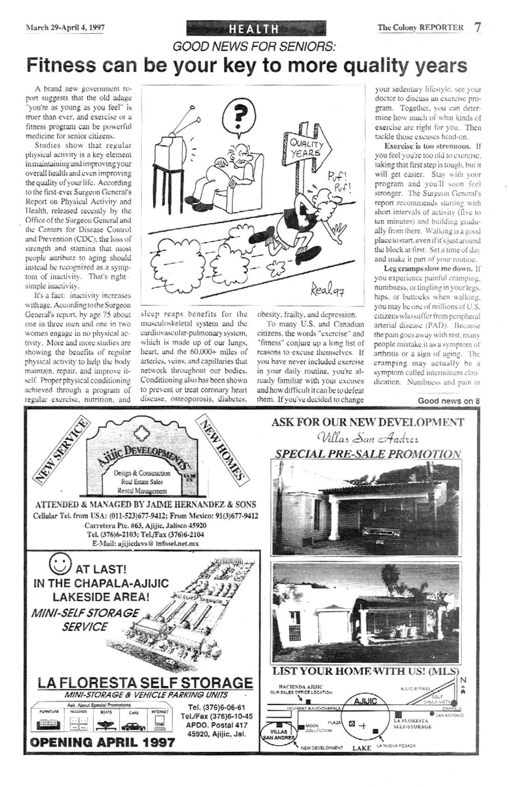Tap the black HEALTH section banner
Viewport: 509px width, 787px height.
point(254,29)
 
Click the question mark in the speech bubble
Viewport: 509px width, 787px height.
point(240,114)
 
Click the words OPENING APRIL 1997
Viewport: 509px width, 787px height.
point(102,742)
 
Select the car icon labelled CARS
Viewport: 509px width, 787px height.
point(133,726)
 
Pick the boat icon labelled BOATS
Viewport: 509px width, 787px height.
point(104,725)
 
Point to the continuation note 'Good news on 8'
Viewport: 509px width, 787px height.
point(448,401)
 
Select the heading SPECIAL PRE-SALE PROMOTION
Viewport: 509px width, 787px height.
point(368,454)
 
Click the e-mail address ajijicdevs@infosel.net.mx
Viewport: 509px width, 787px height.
point(146,543)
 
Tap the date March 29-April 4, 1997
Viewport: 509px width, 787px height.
point(65,27)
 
